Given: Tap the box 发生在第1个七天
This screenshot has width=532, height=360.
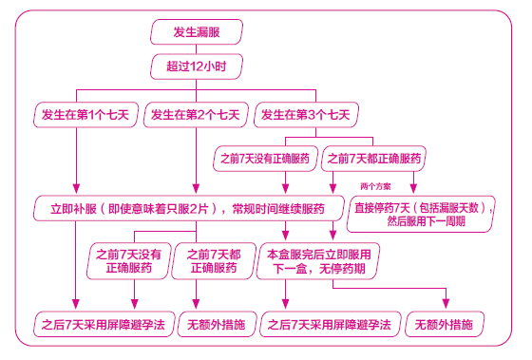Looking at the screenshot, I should click(x=87, y=115).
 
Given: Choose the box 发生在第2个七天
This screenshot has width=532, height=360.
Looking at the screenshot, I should click(x=195, y=115).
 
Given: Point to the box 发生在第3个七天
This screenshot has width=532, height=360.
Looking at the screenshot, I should click(x=304, y=115).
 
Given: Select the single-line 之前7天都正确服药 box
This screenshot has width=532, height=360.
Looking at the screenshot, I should click(x=373, y=158).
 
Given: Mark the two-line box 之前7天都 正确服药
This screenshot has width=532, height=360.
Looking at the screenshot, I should click(x=214, y=261).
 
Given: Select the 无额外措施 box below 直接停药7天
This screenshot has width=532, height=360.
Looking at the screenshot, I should click(x=445, y=324).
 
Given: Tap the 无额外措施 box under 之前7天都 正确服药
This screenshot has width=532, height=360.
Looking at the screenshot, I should click(x=213, y=324).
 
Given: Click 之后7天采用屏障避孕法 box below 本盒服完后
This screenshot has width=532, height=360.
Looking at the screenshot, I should click(x=329, y=324).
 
